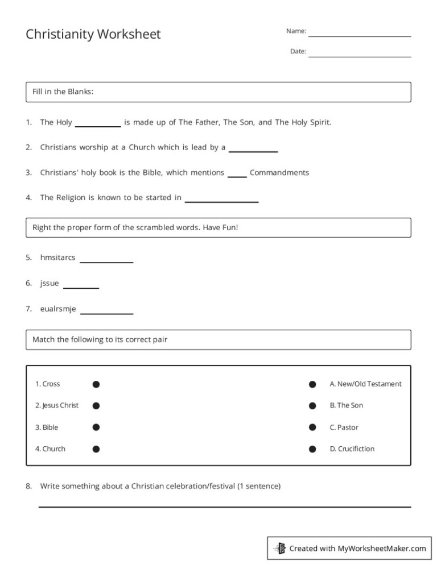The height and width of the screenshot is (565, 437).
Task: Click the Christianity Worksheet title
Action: [93, 34]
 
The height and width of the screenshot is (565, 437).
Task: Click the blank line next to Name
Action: [360, 35]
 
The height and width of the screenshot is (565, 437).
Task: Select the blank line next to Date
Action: [360, 56]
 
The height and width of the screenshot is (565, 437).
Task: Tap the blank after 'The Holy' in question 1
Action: [98, 125]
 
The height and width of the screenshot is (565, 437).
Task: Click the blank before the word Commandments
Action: [237, 176]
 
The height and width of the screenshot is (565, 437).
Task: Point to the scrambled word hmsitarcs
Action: [57, 257]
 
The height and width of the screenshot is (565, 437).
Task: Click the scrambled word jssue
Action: [50, 283]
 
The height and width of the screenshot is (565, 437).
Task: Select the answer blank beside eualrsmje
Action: [107, 312]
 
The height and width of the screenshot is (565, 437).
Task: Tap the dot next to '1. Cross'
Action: [96, 384]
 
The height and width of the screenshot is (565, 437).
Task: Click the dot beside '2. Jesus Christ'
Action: [96, 406]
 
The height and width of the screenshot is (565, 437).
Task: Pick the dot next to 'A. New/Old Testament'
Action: [312, 384]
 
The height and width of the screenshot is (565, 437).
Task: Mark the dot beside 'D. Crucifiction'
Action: [312, 449]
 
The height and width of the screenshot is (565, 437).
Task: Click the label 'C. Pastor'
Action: [344, 427]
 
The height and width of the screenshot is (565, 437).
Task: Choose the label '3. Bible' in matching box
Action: [47, 427]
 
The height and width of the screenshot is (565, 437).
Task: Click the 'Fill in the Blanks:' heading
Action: [63, 92]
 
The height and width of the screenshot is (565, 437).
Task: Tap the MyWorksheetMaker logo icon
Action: [279, 549]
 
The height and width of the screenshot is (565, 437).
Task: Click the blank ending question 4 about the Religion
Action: [221, 201]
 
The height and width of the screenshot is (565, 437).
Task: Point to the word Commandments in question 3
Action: [279, 173]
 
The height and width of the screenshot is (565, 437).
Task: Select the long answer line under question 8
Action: [224, 506]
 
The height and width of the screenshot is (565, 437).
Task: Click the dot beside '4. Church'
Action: [96, 449]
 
